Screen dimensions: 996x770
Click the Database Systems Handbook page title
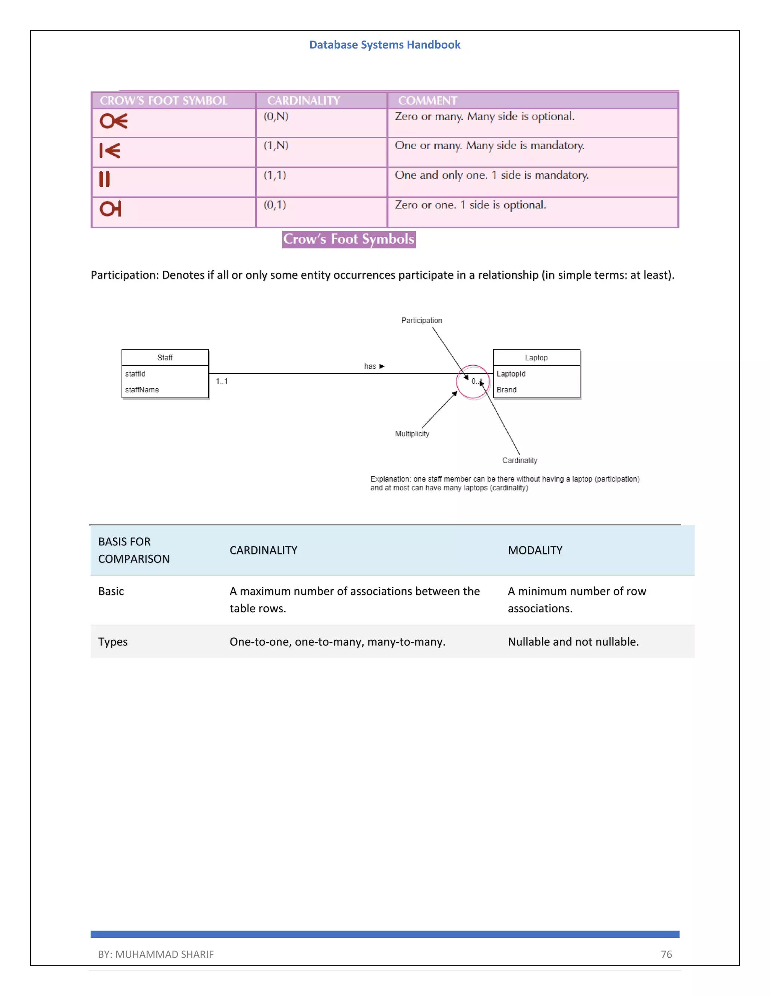(x=385, y=45)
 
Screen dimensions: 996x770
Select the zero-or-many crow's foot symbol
(x=114, y=121)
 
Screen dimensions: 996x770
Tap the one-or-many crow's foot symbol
(x=110, y=150)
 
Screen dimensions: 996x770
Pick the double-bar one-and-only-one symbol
(x=105, y=179)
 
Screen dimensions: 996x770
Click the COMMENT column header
(x=427, y=100)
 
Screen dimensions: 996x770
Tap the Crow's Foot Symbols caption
(x=349, y=239)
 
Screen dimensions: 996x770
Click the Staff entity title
(x=165, y=357)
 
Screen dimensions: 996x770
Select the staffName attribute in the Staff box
(x=142, y=390)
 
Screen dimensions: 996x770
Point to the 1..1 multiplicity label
(x=222, y=381)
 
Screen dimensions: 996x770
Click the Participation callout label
(x=421, y=321)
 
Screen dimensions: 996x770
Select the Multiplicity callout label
(x=412, y=434)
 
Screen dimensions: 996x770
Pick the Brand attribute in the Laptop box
(x=506, y=390)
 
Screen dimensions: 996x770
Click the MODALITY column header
(x=535, y=551)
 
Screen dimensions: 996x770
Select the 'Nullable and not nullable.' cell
(x=573, y=642)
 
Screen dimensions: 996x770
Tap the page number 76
(x=666, y=954)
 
